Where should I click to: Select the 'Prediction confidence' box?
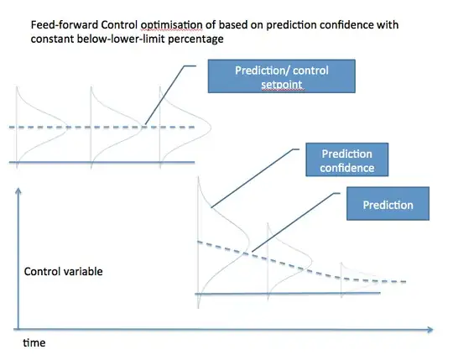(x=346, y=160)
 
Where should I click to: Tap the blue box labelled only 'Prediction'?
(x=388, y=205)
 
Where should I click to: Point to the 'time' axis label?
(x=34, y=343)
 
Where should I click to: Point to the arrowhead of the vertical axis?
(x=18, y=190)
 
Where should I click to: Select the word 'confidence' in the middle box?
(x=346, y=168)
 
